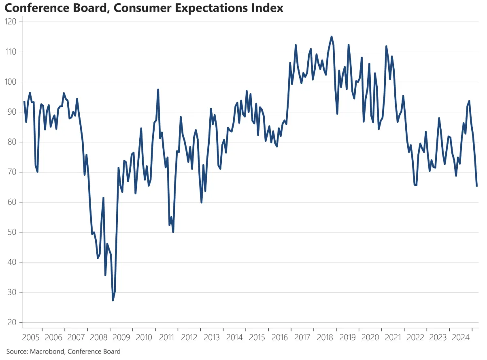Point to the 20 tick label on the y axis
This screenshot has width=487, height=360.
coord(12,323)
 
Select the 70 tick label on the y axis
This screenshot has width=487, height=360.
coord(12,173)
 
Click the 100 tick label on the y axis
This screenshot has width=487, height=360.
coord(11,82)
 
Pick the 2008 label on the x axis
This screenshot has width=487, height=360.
coord(98,337)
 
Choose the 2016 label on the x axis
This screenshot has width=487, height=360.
coord(280,337)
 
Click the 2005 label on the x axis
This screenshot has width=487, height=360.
coord(30,337)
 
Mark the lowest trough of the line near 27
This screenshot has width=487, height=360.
coord(113,300)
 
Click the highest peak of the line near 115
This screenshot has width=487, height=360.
coord(332,36)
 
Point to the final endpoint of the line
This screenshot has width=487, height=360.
coord(476,186)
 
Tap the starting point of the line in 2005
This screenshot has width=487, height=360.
coord(24,102)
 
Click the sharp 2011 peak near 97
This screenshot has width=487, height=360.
coord(158,89)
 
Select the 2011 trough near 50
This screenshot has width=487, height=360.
coord(173,232)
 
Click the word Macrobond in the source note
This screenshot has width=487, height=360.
coord(45,351)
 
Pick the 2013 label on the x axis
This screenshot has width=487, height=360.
coord(212,337)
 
